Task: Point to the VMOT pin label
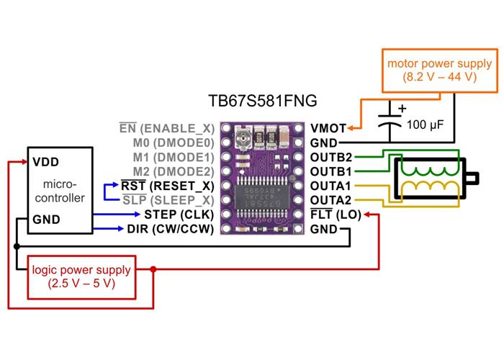point(328,128)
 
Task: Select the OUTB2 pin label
point(331,157)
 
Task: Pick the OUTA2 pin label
point(331,200)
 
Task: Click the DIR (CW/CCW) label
point(171,229)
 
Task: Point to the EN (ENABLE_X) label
point(167,128)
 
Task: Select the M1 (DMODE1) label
point(173,157)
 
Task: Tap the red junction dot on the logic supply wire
point(153,269)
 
